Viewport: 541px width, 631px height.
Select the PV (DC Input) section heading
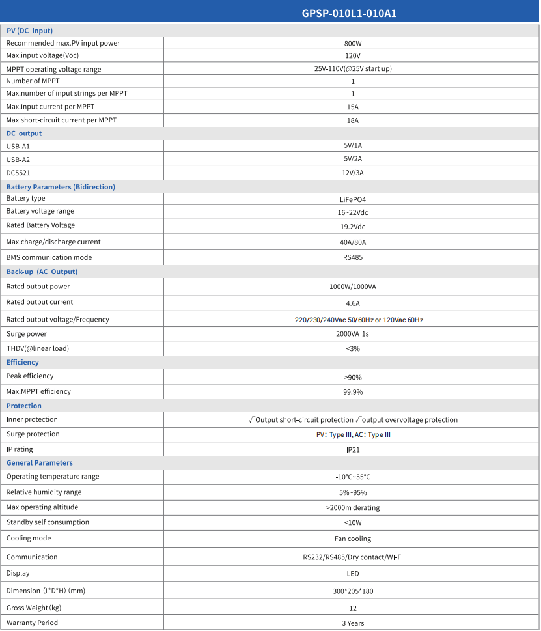click(29, 31)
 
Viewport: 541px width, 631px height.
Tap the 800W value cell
click(352, 44)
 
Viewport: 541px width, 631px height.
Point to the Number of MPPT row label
click(33, 81)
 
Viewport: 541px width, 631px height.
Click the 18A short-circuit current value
click(352, 120)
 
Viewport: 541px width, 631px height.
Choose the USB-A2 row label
click(18, 160)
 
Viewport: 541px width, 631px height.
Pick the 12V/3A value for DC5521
click(352, 173)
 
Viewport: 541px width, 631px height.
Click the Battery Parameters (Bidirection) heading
click(61, 187)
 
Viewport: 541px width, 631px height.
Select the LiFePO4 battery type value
click(352, 199)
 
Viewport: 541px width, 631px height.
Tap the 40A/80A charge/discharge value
click(352, 242)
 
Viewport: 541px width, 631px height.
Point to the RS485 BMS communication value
click(352, 257)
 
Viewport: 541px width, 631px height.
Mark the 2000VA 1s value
click(352, 334)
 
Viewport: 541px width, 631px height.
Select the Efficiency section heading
click(23, 363)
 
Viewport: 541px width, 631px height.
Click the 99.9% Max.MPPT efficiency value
click(352, 392)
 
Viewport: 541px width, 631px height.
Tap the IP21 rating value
click(352, 450)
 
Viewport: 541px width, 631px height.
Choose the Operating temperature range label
click(53, 477)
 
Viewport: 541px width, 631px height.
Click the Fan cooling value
click(352, 539)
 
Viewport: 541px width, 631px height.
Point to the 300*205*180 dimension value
click(352, 591)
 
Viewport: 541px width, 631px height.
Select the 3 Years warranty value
click(352, 623)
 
